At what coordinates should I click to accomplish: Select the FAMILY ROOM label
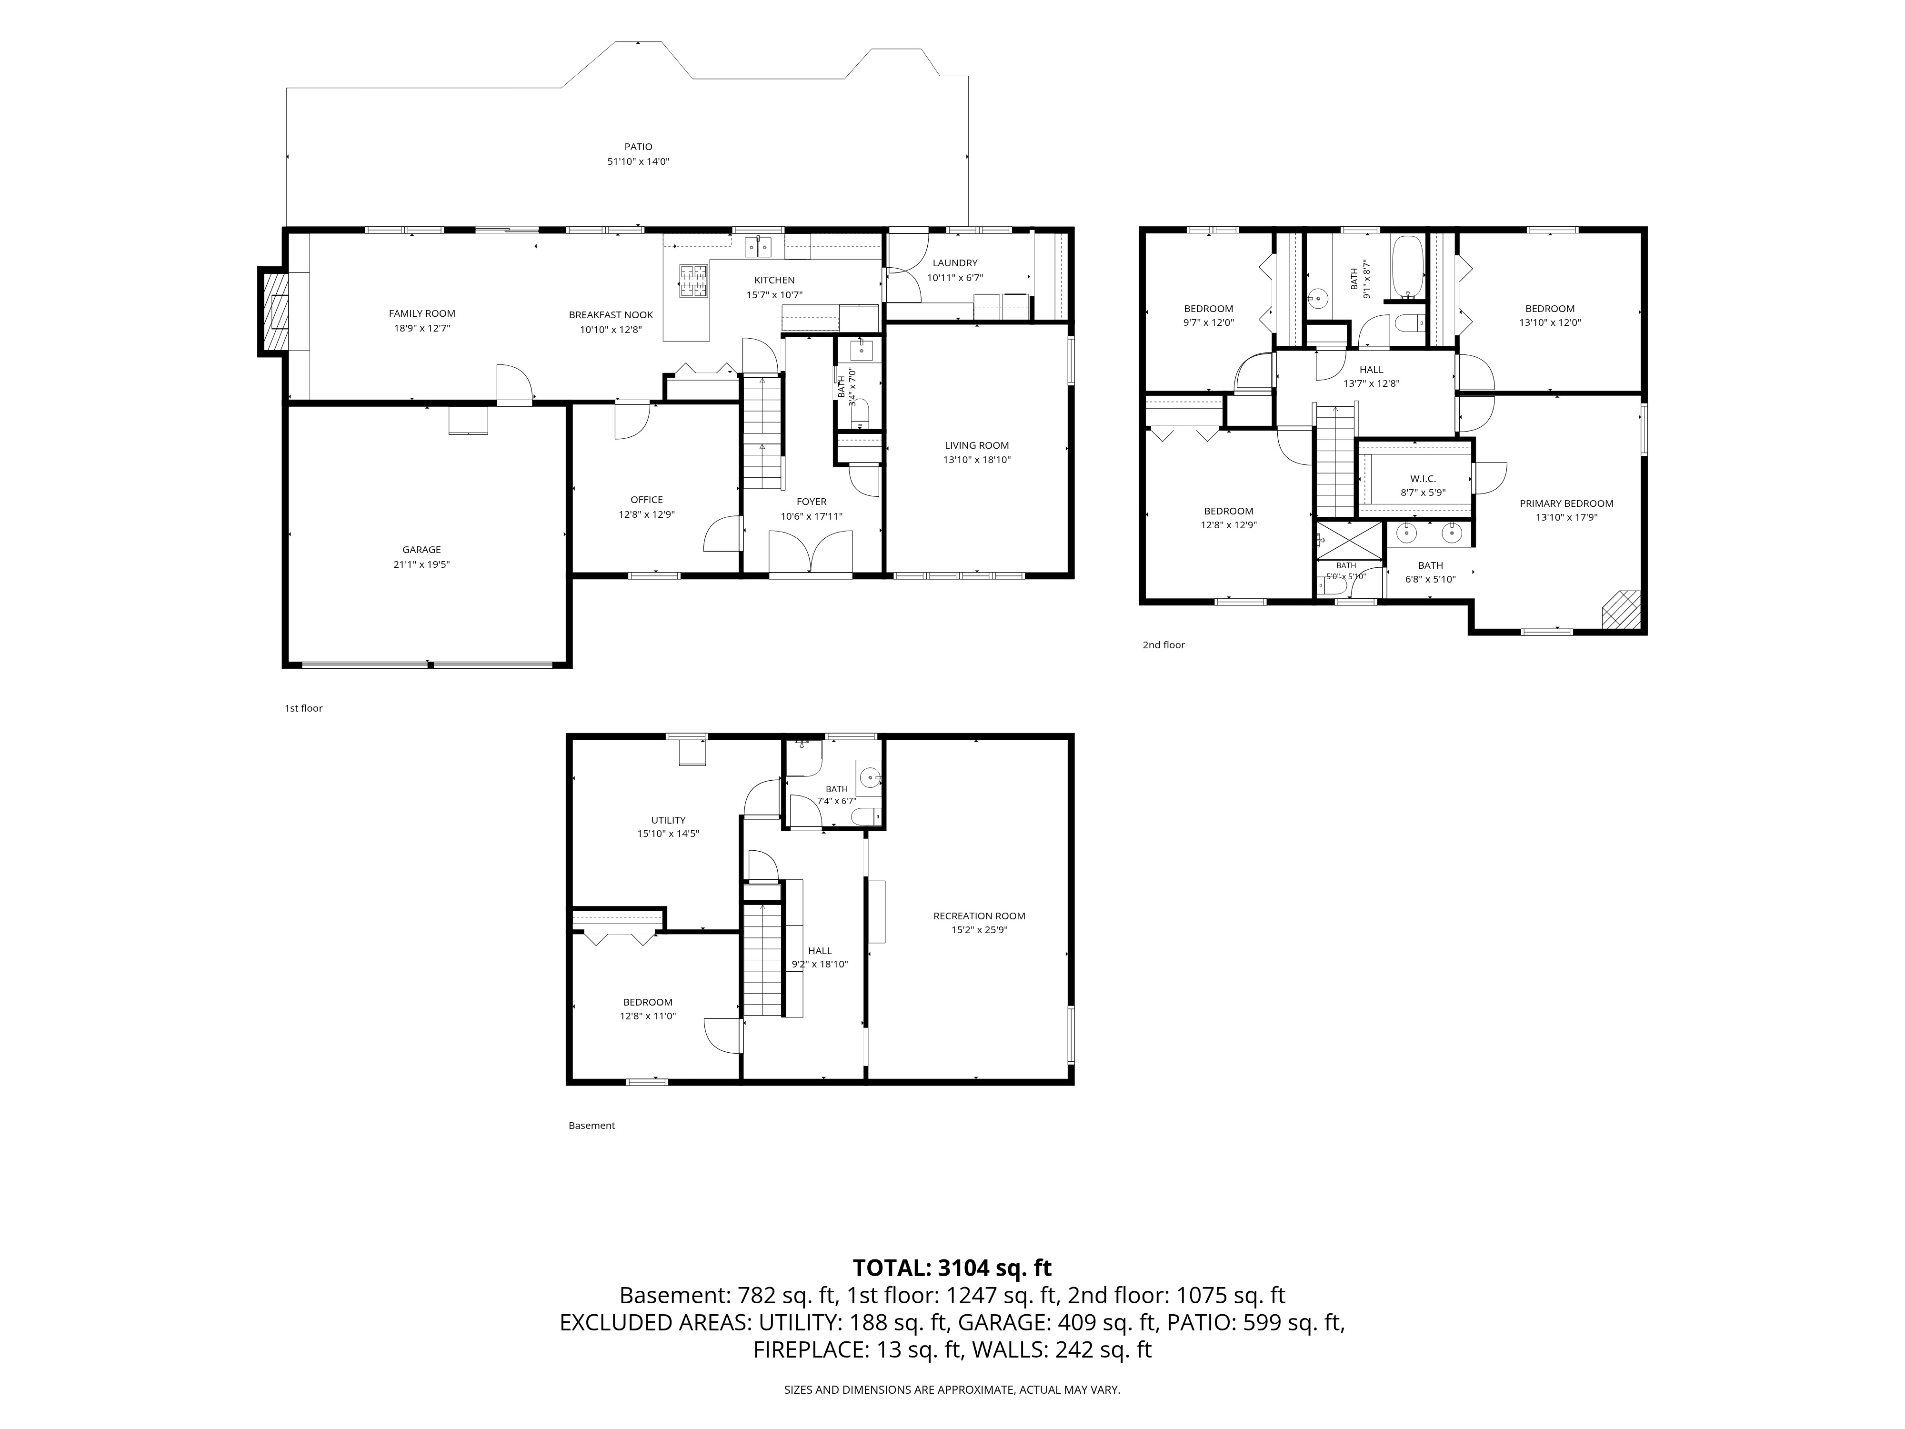pos(422,313)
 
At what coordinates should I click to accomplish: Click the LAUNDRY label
pos(955,263)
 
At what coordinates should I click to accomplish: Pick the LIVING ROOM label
pos(977,445)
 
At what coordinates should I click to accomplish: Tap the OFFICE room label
pos(647,500)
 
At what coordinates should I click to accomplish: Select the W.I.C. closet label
pos(1423,479)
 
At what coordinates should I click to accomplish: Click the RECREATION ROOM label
pos(979,916)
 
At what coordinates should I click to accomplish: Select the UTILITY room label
pos(668,820)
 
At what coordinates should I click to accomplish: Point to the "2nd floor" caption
pos(1163,645)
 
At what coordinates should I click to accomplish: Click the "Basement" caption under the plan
pos(592,1126)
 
